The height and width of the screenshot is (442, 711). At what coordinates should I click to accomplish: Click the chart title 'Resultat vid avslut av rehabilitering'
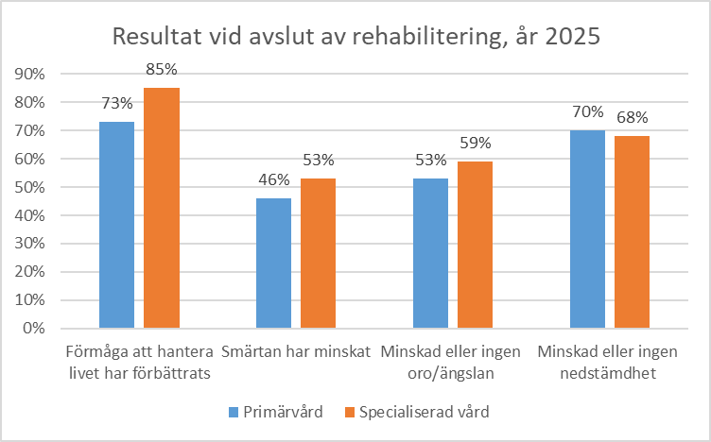click(355, 37)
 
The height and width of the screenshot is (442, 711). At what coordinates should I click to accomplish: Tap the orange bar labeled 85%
click(161, 208)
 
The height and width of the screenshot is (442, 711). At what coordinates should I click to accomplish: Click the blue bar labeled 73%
click(117, 225)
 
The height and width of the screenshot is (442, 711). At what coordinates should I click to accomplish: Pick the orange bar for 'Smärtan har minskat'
click(318, 253)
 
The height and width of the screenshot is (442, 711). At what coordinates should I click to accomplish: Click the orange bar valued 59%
click(475, 245)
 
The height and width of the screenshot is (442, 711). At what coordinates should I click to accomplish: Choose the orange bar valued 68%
click(632, 232)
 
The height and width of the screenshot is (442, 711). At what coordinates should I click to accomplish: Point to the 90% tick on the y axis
click(30, 74)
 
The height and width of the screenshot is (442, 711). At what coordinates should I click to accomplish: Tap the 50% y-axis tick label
click(30, 187)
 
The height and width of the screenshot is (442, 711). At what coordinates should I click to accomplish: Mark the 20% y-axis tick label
click(30, 272)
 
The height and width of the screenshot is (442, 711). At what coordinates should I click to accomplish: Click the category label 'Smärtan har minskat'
click(295, 353)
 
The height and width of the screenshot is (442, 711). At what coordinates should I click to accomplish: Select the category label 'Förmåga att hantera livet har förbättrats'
click(139, 362)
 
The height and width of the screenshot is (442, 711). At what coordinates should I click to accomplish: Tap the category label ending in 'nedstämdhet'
click(608, 362)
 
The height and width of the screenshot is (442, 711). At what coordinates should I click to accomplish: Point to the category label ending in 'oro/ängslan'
click(452, 362)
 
